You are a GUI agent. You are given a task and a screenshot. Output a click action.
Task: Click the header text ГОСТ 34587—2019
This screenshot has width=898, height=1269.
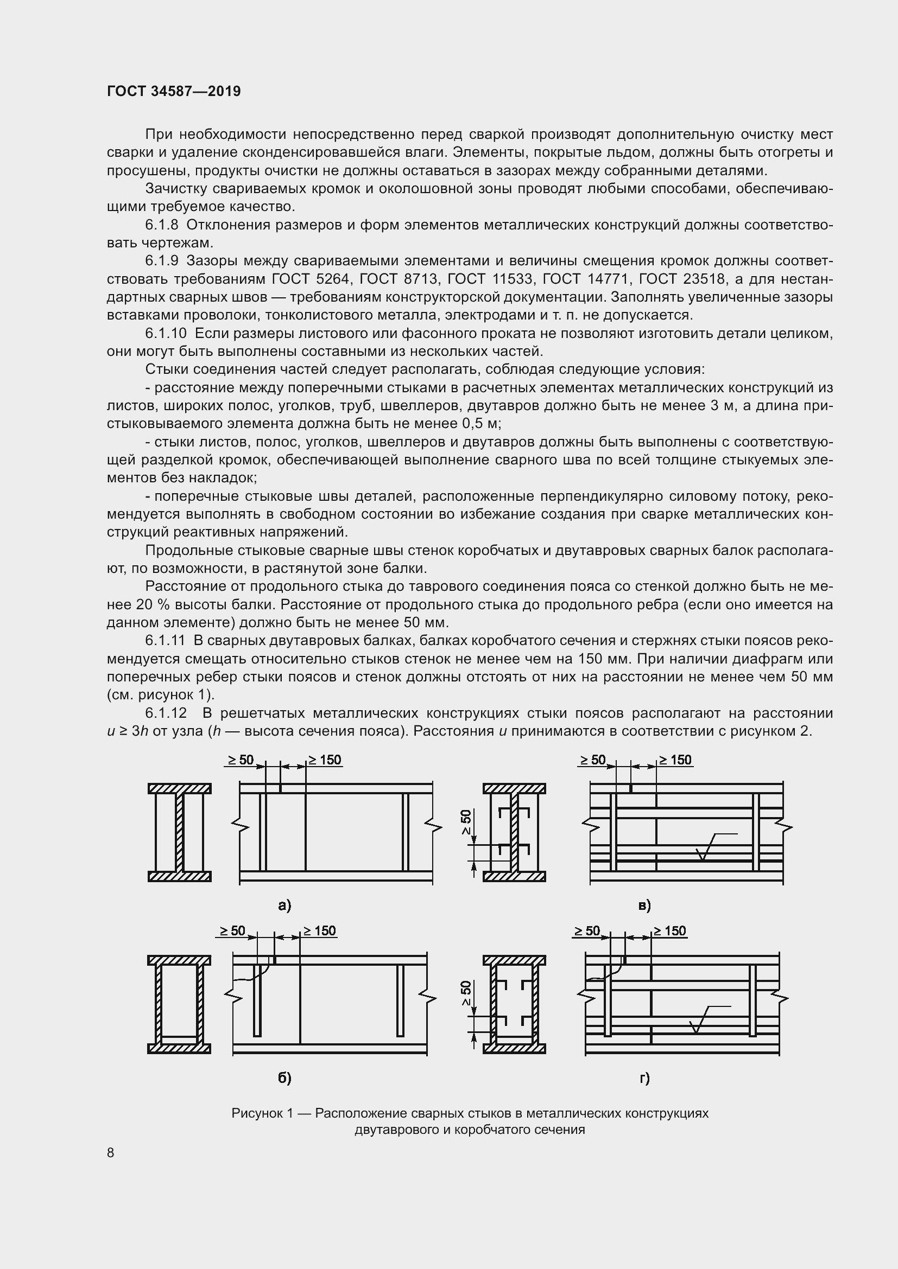[174, 91]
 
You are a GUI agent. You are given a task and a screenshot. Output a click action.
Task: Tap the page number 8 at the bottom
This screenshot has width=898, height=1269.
[111, 1152]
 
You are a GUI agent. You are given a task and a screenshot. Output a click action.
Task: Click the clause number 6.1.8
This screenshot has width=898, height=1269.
[161, 225]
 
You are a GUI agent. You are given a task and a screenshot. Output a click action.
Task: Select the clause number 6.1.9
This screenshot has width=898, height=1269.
[161, 261]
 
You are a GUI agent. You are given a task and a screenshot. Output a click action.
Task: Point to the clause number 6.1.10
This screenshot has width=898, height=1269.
[166, 333]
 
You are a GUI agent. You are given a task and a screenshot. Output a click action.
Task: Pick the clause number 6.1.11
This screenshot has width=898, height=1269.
[166, 641]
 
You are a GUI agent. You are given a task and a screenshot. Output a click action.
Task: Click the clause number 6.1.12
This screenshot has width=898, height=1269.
[166, 713]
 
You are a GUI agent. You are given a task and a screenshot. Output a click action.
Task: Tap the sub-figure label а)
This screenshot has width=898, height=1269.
[284, 905]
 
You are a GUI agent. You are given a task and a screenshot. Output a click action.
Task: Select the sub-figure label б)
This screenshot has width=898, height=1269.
[284, 1078]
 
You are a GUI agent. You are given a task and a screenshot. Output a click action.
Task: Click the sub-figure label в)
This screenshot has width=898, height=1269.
[644, 905]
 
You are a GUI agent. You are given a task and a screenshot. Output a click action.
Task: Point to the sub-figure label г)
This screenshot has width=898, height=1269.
[644, 1078]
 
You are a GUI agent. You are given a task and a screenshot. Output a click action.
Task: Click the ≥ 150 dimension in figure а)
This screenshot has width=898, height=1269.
[325, 760]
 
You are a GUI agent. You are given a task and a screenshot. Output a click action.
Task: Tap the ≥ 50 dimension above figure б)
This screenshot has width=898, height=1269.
[232, 931]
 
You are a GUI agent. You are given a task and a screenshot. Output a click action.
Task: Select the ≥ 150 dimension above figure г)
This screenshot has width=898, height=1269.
[669, 931]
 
